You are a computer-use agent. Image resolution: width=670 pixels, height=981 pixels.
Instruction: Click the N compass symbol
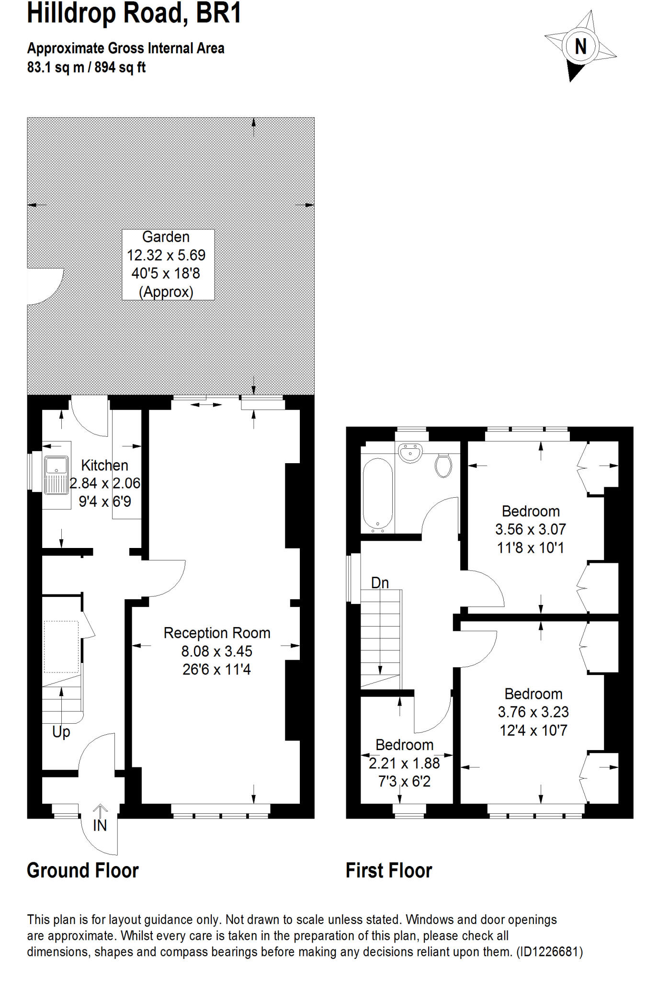point(580,46)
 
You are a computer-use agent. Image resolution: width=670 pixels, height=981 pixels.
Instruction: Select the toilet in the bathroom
point(443,465)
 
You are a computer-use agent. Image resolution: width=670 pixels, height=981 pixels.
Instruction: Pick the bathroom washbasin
point(410,452)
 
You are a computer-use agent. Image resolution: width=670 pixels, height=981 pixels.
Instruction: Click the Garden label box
point(168,264)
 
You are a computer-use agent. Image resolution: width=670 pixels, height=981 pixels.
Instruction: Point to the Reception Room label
point(217,633)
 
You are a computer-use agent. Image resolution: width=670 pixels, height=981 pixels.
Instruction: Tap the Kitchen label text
point(104,465)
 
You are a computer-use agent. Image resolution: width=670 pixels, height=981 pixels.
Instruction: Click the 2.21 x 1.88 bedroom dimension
point(404,763)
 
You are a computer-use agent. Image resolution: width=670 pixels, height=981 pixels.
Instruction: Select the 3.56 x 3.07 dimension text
point(530,529)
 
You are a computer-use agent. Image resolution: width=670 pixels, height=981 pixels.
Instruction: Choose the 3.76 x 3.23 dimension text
point(533,712)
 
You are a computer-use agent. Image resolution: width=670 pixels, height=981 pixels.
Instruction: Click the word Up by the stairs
point(61,731)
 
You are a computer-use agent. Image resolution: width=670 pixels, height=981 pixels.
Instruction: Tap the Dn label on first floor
point(380,582)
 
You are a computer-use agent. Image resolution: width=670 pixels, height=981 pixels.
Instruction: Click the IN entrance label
point(100,825)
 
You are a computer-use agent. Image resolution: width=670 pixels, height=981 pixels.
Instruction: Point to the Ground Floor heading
point(82,870)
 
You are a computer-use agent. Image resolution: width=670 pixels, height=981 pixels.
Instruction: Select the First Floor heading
point(388,870)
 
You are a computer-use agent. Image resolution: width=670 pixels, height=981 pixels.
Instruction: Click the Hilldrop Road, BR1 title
point(134,13)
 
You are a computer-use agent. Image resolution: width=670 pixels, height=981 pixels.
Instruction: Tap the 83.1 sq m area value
point(55,68)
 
